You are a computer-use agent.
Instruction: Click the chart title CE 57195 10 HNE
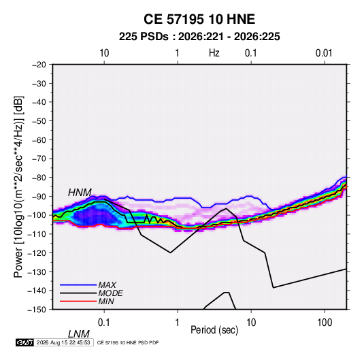coord(199,19)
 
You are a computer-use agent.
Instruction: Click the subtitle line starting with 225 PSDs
coord(199,37)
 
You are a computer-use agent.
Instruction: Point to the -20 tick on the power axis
coord(39,65)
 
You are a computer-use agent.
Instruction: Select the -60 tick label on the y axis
coord(39,140)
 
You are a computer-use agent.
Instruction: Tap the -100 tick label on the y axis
coord(37,215)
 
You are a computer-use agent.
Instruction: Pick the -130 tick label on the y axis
coord(37,272)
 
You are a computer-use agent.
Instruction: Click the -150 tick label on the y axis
coord(37,310)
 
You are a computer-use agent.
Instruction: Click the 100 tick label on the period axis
coord(325,323)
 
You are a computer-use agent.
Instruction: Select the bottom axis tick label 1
coord(178,323)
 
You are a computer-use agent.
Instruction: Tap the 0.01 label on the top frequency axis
coord(324,53)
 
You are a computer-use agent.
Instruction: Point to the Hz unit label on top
coord(214,53)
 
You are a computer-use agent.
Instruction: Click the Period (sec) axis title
coord(214,330)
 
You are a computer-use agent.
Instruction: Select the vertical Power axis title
coord(18,186)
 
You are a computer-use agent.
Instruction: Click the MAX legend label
coord(107,285)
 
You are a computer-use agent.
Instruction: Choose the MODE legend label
coord(110,293)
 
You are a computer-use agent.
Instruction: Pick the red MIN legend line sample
coord(78,301)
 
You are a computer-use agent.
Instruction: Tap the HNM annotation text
coord(80,193)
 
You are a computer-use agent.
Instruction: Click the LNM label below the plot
coord(79,334)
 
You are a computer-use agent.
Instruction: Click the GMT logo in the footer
coord(25,342)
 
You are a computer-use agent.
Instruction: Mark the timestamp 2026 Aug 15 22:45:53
coord(63,342)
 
